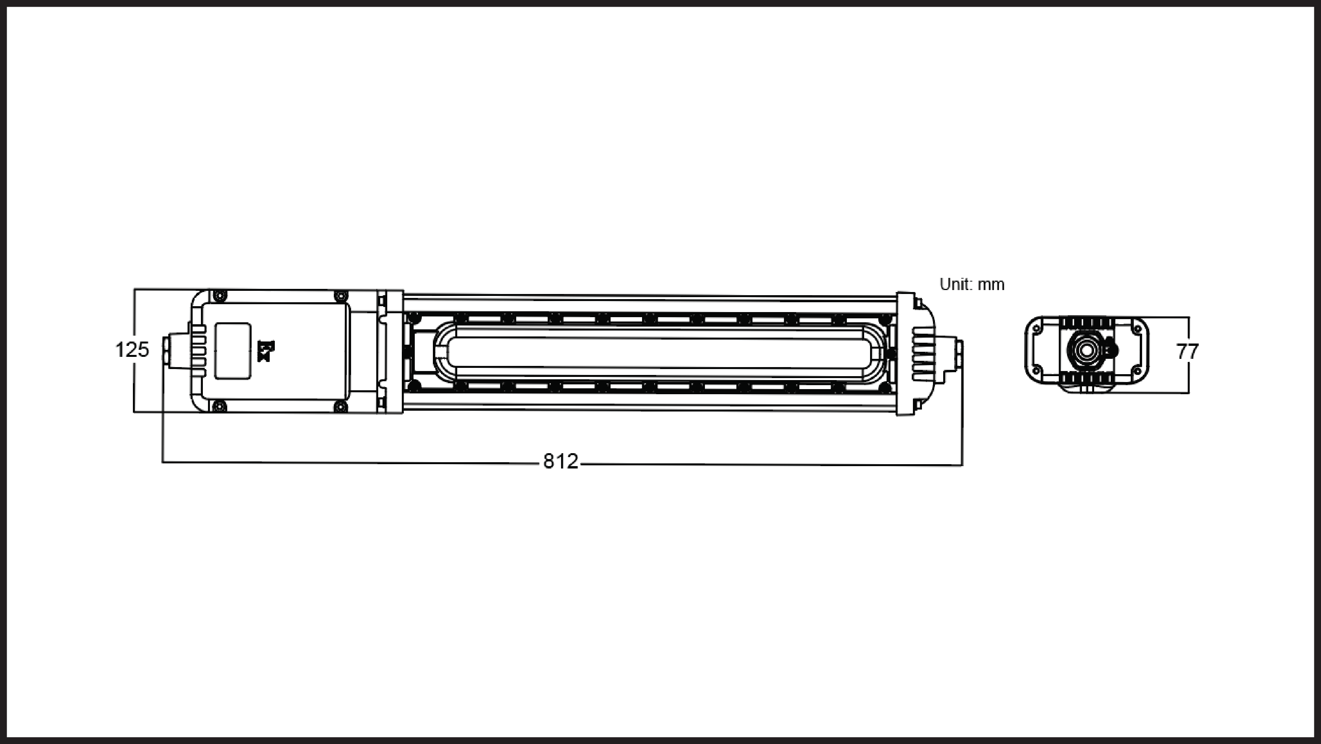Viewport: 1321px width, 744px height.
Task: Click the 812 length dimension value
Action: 561,461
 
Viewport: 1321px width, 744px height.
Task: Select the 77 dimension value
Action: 1187,352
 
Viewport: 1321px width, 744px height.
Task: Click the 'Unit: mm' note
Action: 972,285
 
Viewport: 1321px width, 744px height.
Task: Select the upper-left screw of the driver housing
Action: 219,295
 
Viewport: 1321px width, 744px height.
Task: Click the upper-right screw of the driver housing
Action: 340,296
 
